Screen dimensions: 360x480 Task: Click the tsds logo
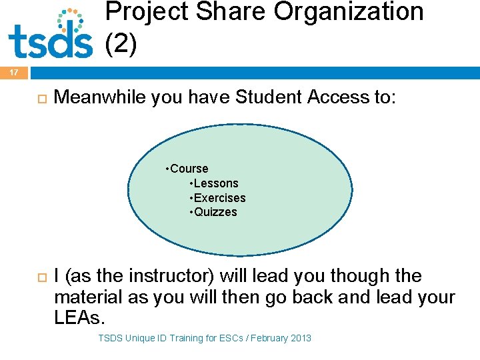pyautogui.click(x=50, y=35)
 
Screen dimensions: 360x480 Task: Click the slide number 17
pyautogui.click(x=14, y=73)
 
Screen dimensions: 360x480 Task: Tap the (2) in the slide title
pyautogui.click(x=121, y=44)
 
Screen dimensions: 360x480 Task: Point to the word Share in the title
pyautogui.click(x=223, y=12)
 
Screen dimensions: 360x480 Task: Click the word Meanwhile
pyautogui.click(x=100, y=98)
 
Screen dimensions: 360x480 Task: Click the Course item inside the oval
pyautogui.click(x=189, y=169)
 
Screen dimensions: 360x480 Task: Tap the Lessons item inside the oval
pyautogui.click(x=215, y=183)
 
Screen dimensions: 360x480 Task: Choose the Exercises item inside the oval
pyautogui.click(x=219, y=198)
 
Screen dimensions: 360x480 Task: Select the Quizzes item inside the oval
pyautogui.click(x=215, y=212)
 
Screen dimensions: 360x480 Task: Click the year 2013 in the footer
pyautogui.click(x=299, y=338)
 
